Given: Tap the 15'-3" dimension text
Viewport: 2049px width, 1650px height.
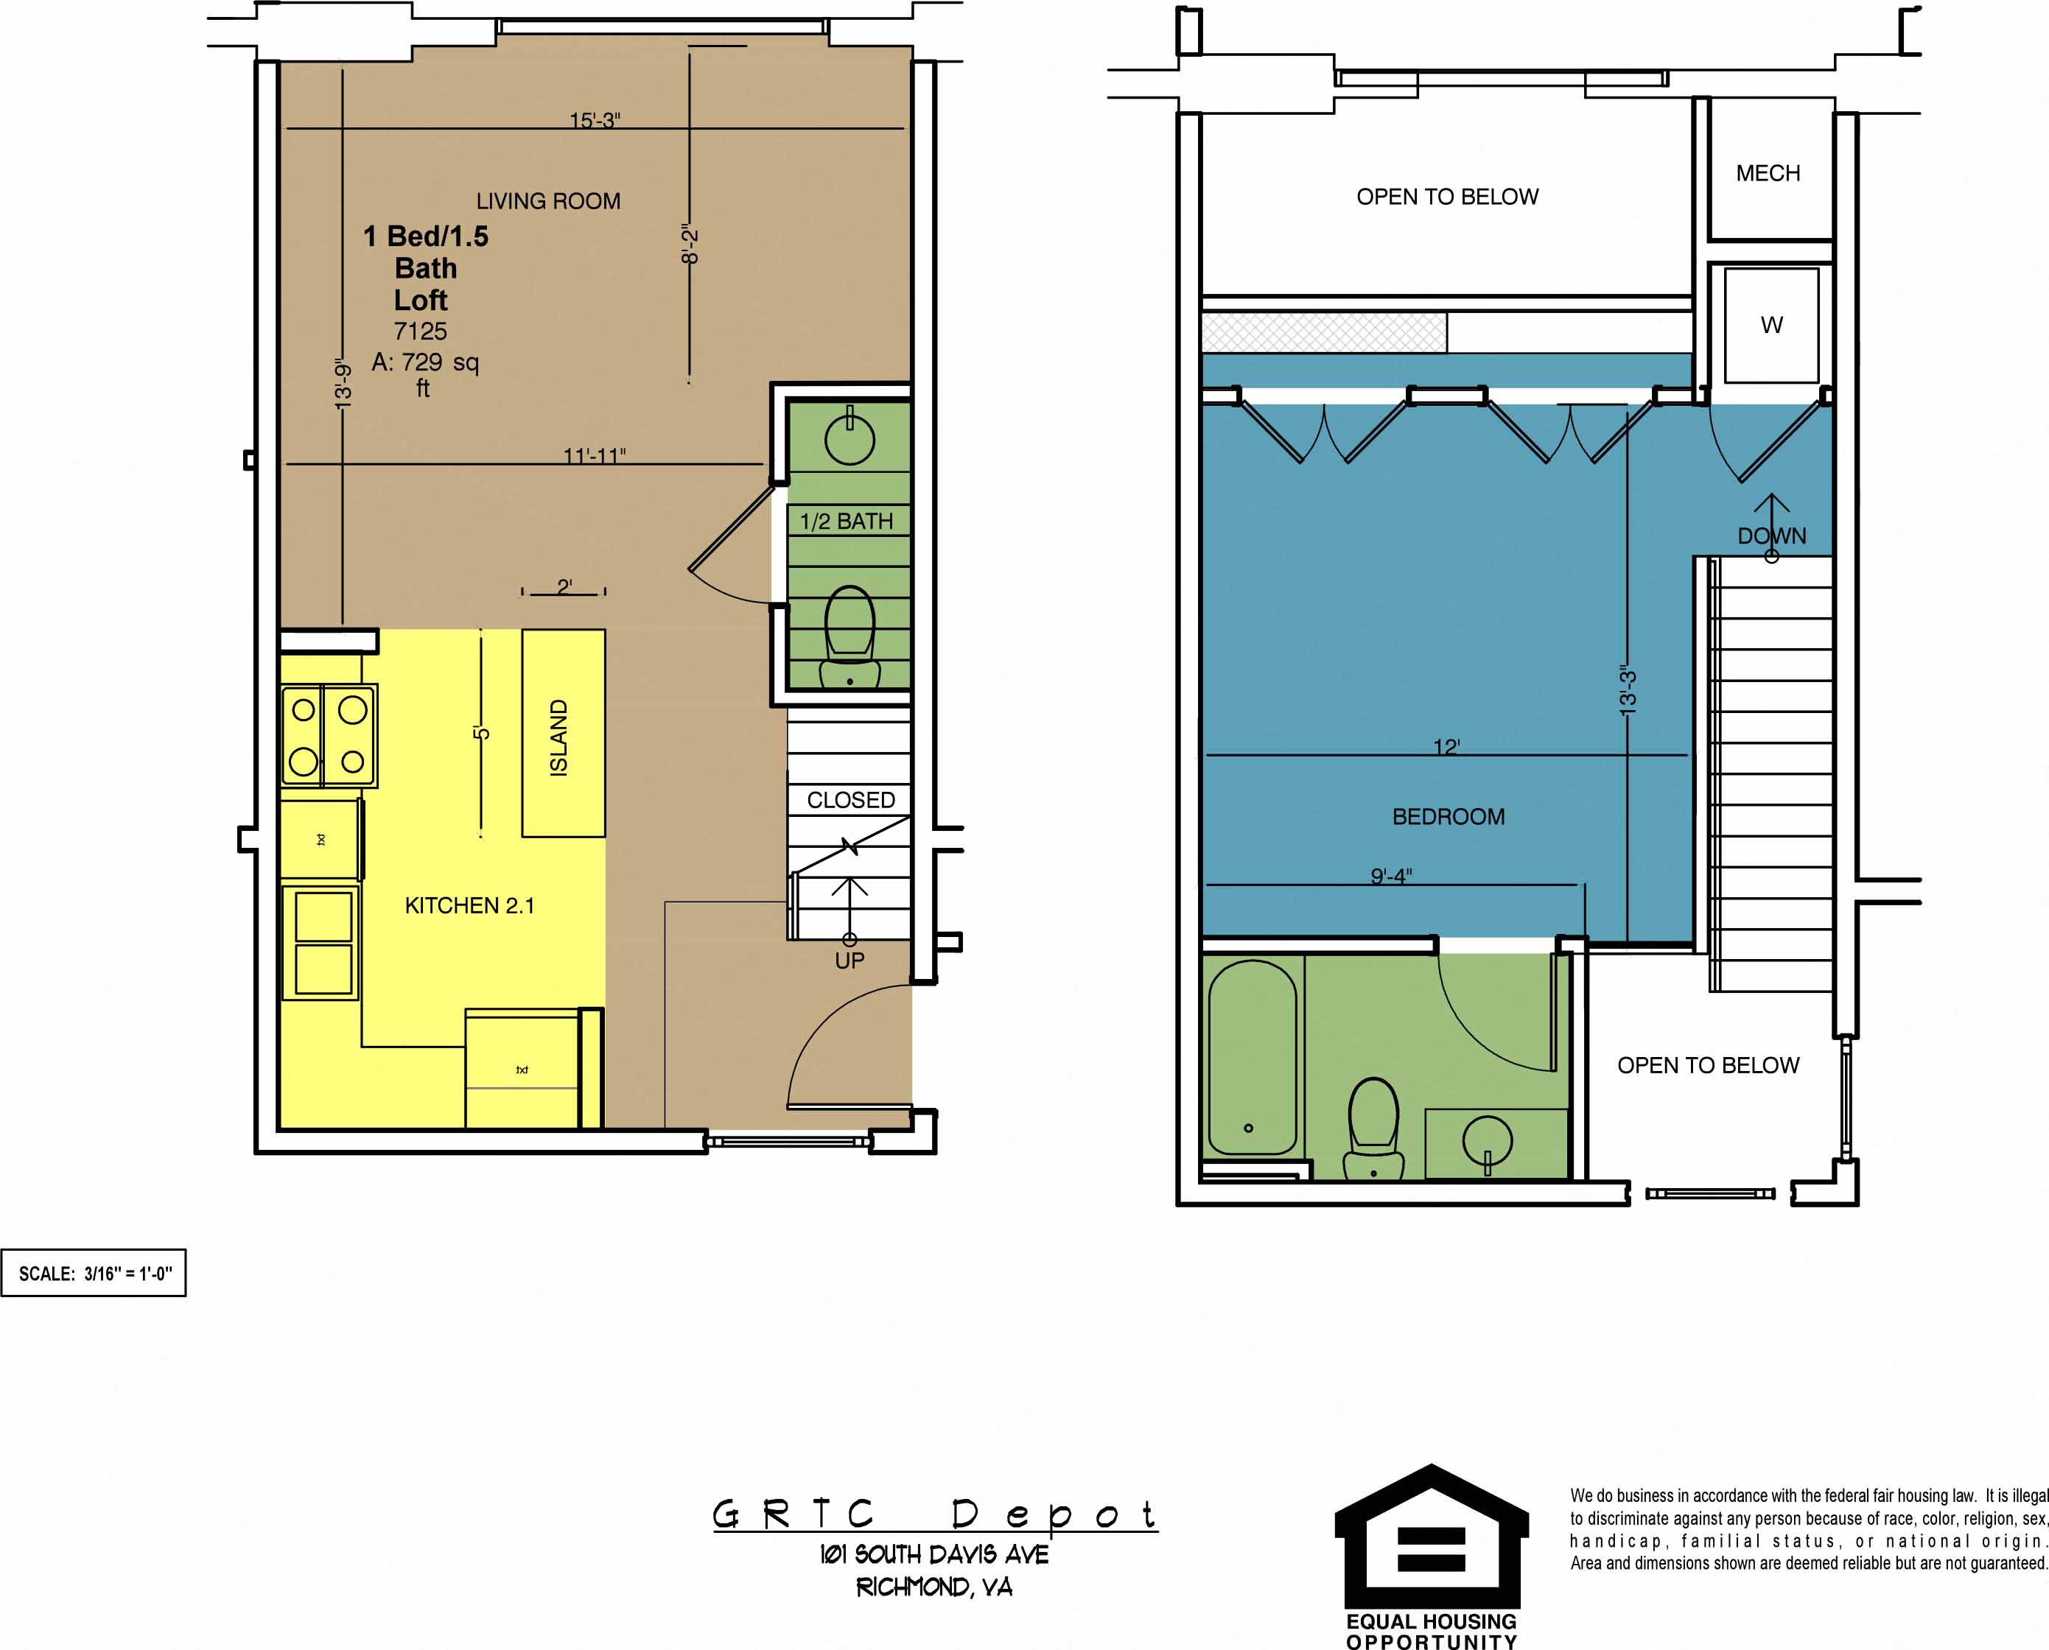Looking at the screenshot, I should (x=595, y=120).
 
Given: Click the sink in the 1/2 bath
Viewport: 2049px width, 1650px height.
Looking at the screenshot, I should (x=849, y=440).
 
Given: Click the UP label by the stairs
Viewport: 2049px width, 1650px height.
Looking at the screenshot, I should (x=849, y=961).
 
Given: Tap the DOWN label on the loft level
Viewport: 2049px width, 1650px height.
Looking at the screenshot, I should (x=1771, y=536).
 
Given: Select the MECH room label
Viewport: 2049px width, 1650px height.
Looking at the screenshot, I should (x=1768, y=173).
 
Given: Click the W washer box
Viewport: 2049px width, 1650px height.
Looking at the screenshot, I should (x=1770, y=325).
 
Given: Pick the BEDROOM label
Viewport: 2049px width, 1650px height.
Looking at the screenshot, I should (x=1448, y=816).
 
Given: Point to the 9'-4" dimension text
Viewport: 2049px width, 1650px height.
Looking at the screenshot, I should (x=1391, y=875).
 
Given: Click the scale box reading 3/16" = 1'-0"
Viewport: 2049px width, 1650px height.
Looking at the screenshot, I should (x=94, y=1274).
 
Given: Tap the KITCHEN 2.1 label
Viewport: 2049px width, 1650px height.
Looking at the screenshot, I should (x=470, y=906).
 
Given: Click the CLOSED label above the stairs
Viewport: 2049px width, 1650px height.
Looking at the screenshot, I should (x=850, y=800).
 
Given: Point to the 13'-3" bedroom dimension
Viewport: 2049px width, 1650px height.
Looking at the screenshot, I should (x=1628, y=690).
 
